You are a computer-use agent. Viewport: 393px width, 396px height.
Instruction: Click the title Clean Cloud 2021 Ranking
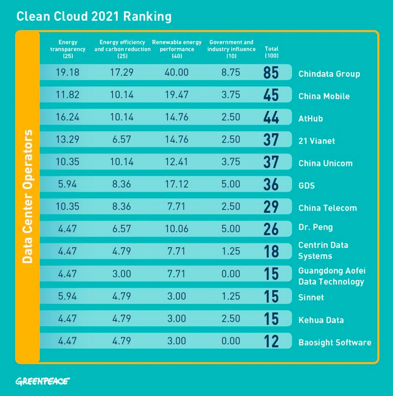94,17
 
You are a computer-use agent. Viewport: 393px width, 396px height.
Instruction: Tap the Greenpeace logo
43,381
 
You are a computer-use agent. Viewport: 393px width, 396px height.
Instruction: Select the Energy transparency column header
68,49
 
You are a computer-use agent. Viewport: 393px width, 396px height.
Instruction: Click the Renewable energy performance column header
177,49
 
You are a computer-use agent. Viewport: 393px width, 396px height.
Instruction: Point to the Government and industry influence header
231,49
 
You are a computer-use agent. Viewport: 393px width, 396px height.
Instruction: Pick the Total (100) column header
272,52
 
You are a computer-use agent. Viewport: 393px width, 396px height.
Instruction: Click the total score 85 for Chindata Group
271,73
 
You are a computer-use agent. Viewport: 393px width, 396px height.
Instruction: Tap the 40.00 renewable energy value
176,72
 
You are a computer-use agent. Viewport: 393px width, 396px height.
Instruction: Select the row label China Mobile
324,96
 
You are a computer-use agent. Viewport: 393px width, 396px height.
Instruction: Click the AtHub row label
311,119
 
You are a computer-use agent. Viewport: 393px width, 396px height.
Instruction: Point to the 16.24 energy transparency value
68,117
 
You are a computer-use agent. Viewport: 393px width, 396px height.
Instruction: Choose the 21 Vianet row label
317,141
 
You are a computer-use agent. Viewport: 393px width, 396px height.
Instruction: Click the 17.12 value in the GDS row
176,184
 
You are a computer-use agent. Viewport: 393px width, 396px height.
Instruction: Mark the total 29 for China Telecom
271,207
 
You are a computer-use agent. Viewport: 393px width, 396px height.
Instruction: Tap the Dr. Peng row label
315,227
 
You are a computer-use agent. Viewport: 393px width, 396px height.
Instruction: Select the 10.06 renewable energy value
176,229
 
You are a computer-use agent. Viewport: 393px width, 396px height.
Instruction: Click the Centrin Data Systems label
323,250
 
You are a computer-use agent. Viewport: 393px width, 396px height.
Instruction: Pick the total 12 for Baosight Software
271,341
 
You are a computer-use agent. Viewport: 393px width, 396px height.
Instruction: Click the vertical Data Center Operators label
28,196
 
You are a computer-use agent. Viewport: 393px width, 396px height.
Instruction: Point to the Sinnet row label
311,298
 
